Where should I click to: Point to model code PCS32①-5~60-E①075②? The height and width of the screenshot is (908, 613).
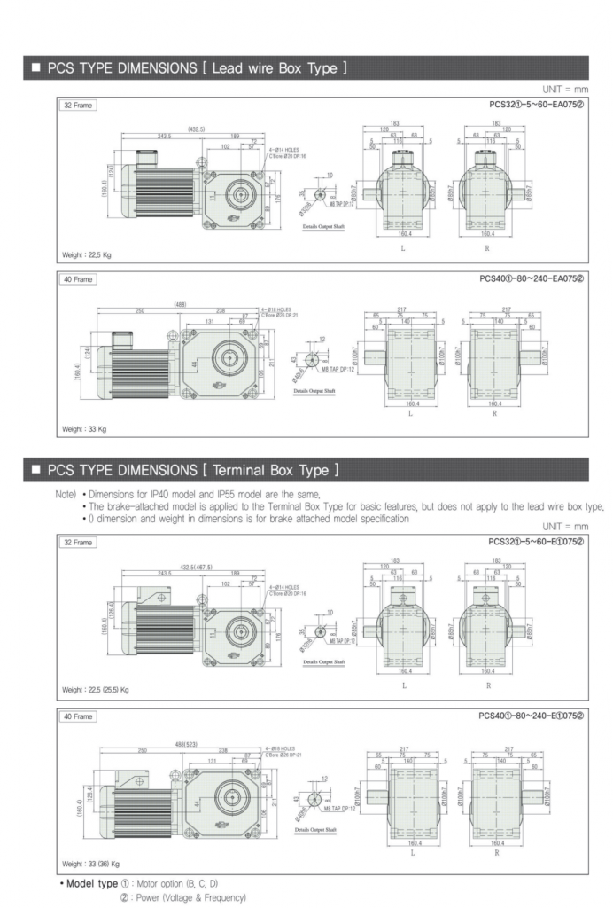point(536,541)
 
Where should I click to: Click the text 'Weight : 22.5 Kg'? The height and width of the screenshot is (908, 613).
point(87,254)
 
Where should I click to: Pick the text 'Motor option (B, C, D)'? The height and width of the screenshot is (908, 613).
point(181,884)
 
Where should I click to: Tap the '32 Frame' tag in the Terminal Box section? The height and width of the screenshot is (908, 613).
point(77,542)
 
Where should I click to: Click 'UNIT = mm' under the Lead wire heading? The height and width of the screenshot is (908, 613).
point(564,90)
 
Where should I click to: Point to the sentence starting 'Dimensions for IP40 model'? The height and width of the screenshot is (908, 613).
point(204,494)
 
